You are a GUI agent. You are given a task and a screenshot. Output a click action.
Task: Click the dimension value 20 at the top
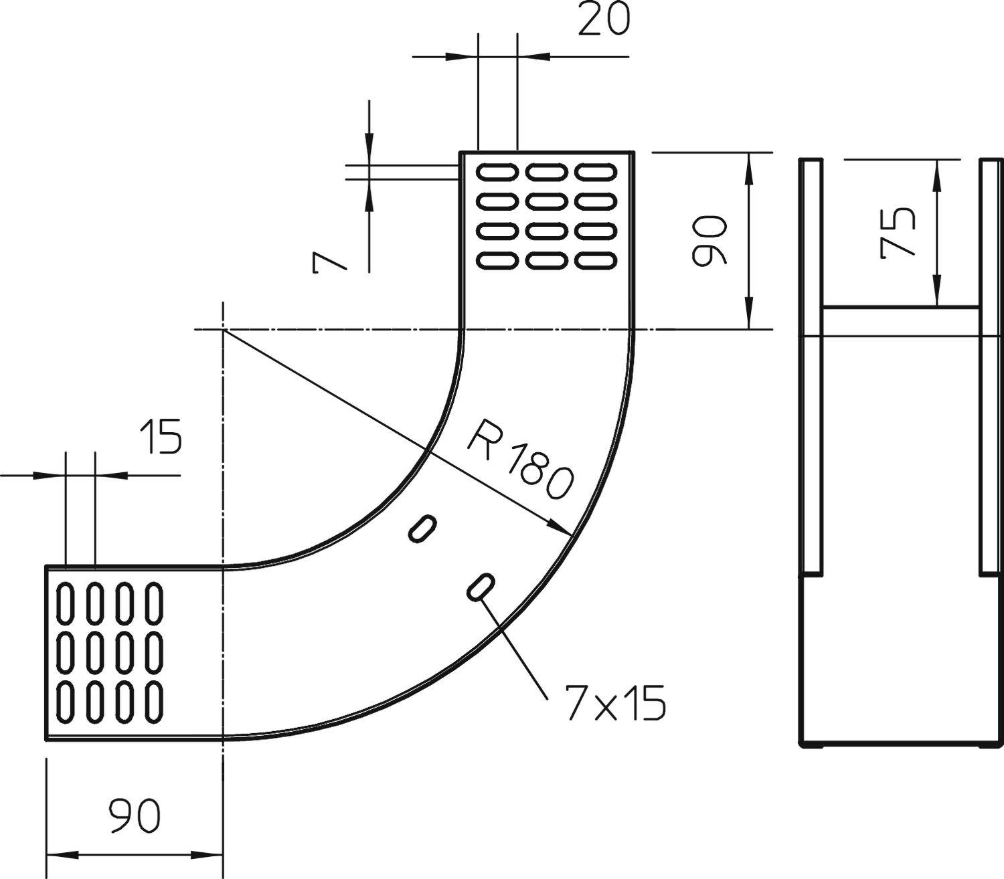tap(604, 20)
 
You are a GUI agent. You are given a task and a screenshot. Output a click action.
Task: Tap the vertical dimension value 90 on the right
tap(708, 241)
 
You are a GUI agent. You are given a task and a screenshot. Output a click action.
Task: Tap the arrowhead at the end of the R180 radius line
tap(561, 528)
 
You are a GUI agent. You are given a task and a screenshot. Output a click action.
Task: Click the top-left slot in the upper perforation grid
tap(497, 173)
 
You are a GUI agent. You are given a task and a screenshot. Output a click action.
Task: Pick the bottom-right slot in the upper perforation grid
tap(596, 260)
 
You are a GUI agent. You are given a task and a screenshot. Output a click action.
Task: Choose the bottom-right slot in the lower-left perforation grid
tap(155, 702)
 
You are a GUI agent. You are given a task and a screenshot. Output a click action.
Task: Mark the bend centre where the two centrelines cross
tap(222, 330)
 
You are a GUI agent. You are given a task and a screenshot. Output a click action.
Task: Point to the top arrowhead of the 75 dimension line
tap(937, 170)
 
